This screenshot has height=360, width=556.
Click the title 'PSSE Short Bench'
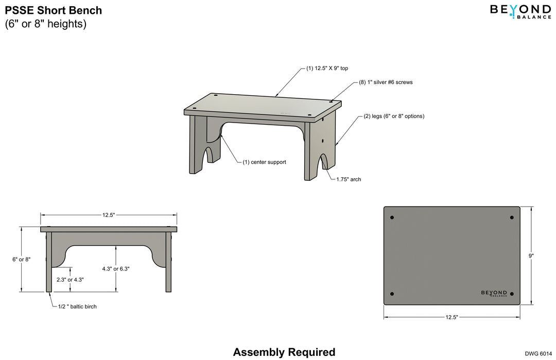(x=54, y=10)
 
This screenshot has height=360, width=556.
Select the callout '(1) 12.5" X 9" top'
(x=328, y=68)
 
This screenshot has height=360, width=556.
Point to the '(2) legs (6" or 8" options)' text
(x=394, y=116)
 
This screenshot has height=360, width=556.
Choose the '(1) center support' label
(x=264, y=162)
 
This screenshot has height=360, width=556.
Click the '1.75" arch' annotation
(x=349, y=180)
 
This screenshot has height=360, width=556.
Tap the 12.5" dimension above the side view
(x=108, y=214)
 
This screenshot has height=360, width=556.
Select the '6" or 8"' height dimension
(x=21, y=260)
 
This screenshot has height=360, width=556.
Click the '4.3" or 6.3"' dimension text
(x=116, y=269)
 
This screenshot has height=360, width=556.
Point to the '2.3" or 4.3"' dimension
(x=70, y=280)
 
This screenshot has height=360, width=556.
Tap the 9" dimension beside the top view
(x=531, y=255)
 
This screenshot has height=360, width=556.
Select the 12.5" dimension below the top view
(x=451, y=317)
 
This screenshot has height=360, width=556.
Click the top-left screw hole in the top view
(x=392, y=218)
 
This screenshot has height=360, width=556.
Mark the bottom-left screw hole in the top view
(x=392, y=294)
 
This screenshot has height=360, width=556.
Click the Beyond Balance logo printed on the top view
(x=494, y=293)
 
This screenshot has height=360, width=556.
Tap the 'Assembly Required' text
(x=284, y=352)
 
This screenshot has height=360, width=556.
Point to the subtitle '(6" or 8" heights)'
(x=46, y=24)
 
